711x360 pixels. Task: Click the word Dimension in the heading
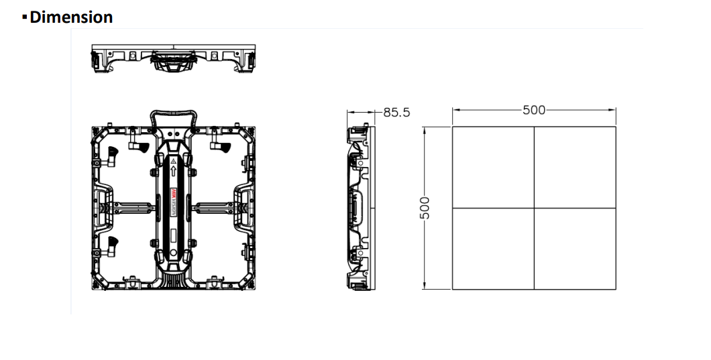point(71,17)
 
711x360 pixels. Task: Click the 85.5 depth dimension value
point(396,112)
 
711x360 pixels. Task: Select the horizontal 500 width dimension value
point(534,111)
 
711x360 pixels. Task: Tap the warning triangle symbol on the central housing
point(173,162)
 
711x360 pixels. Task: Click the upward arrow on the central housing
point(173,172)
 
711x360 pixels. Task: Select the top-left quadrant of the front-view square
point(493,167)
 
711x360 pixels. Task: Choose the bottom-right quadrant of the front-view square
point(575,249)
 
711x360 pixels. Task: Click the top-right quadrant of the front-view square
point(575,167)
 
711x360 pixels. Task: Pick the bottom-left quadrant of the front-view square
point(493,249)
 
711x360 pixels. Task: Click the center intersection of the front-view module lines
point(534,208)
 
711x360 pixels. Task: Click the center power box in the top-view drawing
point(173,63)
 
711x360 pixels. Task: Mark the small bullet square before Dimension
point(25,17)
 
